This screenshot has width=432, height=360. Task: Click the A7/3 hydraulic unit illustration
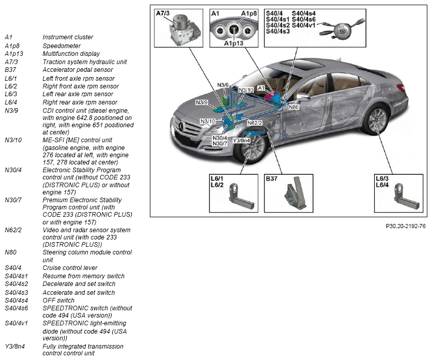[x=181, y=30]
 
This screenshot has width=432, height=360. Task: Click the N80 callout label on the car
[x=294, y=107]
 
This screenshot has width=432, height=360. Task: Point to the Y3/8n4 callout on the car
[x=241, y=140]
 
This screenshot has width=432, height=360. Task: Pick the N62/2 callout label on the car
[x=255, y=123]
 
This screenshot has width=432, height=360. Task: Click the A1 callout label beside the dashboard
[x=260, y=88]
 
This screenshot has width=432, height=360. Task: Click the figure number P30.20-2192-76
[x=406, y=226]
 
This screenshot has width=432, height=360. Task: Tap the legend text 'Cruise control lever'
[x=69, y=267]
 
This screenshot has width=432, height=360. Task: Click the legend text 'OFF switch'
[x=58, y=300]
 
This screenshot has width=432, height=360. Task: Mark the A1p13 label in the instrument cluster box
[x=233, y=44]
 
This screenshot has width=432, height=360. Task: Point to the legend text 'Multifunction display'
[x=71, y=54]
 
